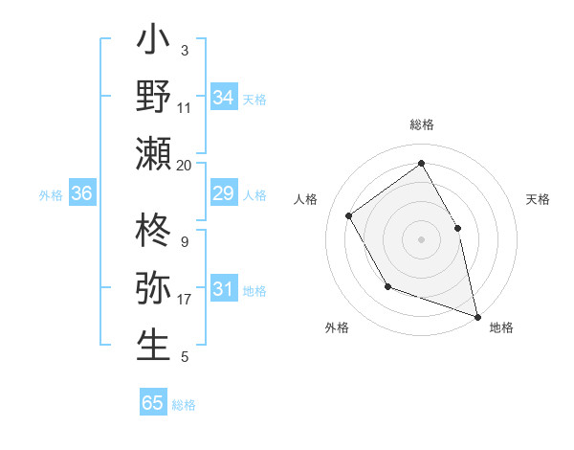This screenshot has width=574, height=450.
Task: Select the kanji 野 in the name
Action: pos(153,97)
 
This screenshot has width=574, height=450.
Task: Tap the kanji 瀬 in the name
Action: pos(153,153)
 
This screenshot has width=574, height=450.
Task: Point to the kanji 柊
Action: pos(153,233)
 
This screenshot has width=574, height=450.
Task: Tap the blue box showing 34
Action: pos(224,98)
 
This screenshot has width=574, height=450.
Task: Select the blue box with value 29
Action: pos(224,194)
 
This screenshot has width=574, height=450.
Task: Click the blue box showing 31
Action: pos(224,289)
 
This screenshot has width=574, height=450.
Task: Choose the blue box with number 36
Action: pos(81,194)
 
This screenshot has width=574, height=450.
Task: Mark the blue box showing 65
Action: pos(153,403)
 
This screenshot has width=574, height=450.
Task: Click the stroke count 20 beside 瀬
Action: pos(184,165)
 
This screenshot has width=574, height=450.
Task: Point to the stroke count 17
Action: pos(184,300)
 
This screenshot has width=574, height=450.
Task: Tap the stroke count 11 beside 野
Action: pos(184,108)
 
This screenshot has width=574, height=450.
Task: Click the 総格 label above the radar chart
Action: pos(422,124)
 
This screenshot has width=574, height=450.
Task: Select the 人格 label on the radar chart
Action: pos(306,199)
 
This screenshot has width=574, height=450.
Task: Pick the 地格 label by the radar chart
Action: pos(501,327)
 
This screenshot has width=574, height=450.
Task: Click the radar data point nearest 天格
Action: pos(457,228)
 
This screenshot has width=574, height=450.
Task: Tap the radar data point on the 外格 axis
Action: pos(387,286)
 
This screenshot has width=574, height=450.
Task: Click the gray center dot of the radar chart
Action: pos(421,238)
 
